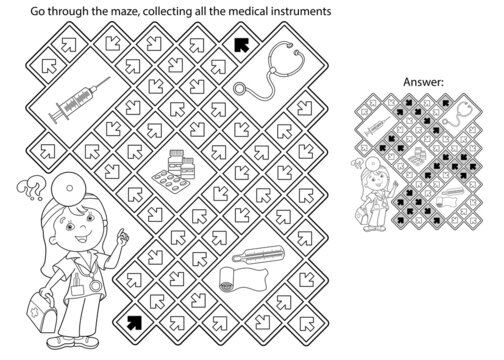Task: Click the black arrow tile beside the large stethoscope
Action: click(x=239, y=43)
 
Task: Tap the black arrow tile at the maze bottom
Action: click(x=133, y=322)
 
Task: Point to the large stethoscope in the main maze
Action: click(x=267, y=74)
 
